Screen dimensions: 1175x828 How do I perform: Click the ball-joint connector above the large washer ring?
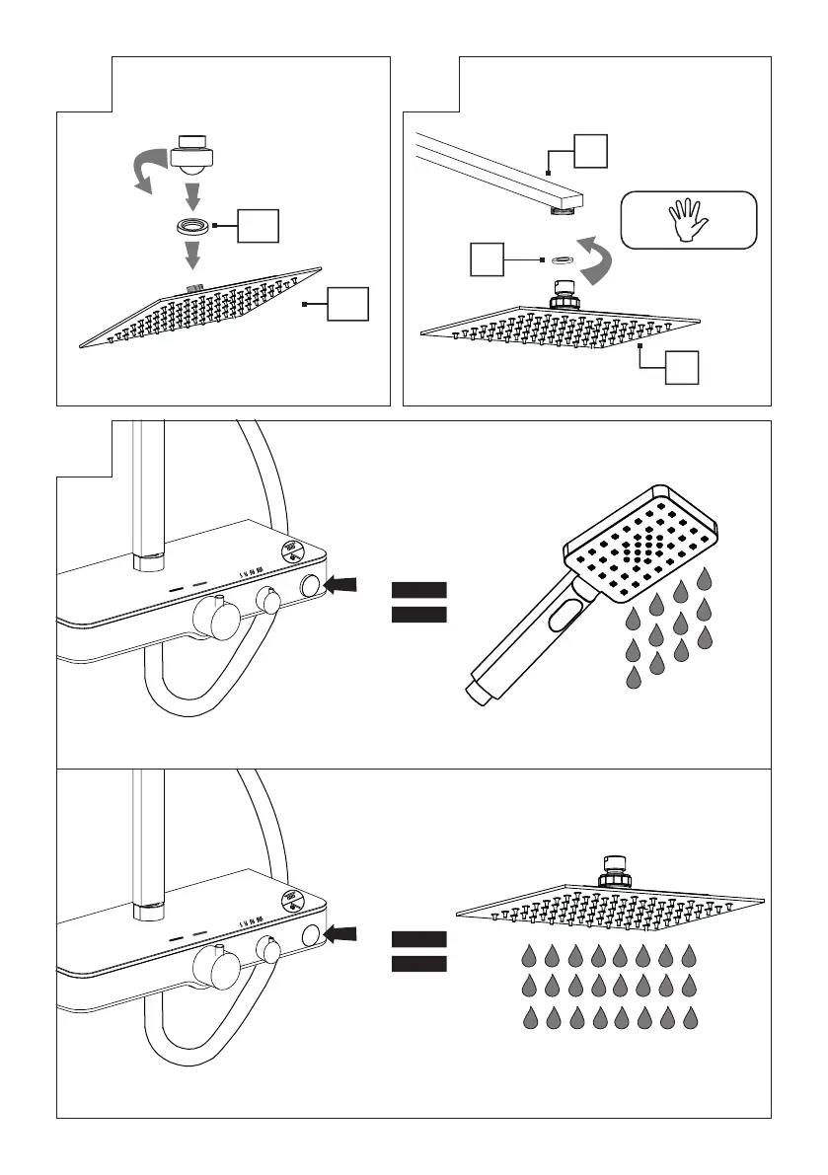click(x=193, y=150)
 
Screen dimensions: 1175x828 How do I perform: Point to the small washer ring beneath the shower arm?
click(x=561, y=259)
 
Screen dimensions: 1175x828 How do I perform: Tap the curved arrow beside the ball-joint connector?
click(x=147, y=170)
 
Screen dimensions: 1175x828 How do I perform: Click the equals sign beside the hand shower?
click(x=419, y=603)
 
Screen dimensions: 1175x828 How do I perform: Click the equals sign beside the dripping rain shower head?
click(x=419, y=950)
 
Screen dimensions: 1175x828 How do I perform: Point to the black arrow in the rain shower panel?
click(x=343, y=932)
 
